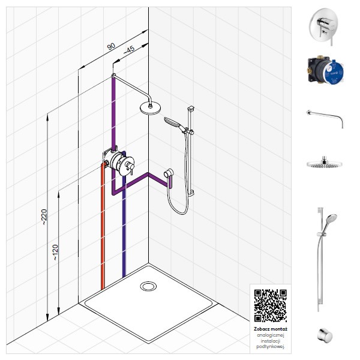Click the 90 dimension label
coord(111,46)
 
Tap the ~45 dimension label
coord(129,50)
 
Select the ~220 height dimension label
coord(44,217)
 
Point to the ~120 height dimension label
coord(55,253)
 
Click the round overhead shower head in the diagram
coord(150,108)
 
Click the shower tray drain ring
coord(148,286)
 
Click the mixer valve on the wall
coord(120,162)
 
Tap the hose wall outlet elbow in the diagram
coord(169,173)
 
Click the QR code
coord(271,305)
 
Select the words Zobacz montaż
coord(271,329)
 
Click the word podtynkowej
coord(271,347)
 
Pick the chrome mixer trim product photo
coord(325,26)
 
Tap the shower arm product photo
coord(325,119)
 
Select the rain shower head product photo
coord(325,163)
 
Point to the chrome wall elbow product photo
coord(325,335)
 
